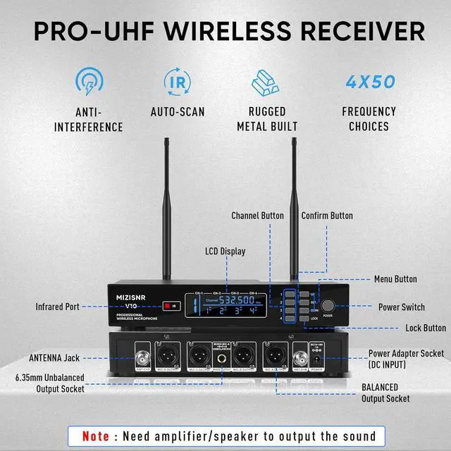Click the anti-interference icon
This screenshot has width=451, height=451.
point(87,81)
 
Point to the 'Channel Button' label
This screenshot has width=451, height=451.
point(258,215)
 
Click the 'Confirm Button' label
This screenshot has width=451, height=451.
point(327,215)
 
